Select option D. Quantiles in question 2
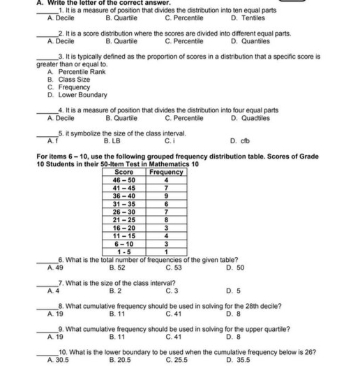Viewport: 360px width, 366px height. tap(249, 41)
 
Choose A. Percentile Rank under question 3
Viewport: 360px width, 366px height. tap(76, 72)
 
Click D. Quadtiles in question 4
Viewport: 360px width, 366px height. tap(248, 118)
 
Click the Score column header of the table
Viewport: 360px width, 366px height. tap(123, 172)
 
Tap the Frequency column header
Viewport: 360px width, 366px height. tap(166, 172)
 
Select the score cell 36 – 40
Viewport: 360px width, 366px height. tap(123, 196)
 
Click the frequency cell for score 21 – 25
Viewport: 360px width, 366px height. tap(166, 219)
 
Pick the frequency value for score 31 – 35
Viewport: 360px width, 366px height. tap(166, 204)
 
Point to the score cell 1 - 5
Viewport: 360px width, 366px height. tap(123, 251)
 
